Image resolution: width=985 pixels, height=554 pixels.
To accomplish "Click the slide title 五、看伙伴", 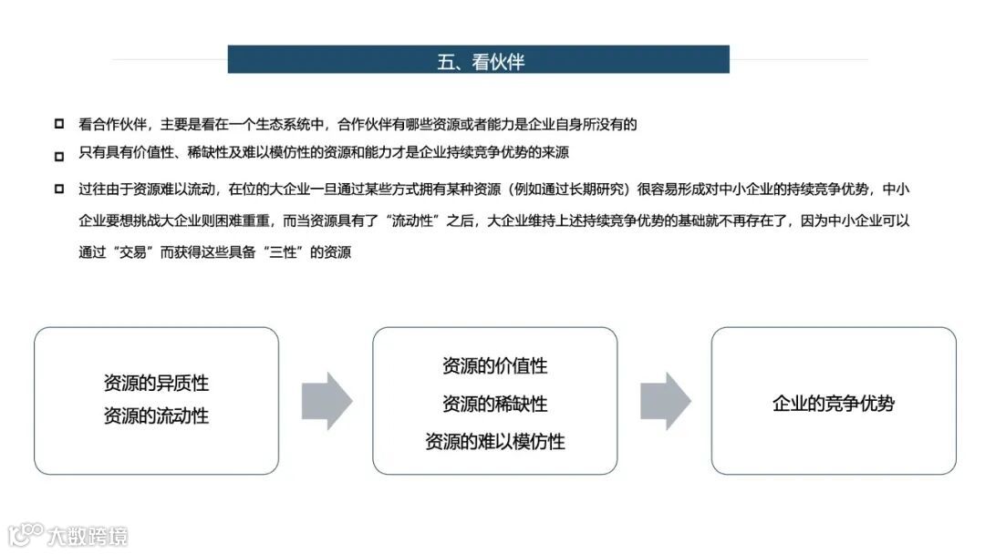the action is [x=480, y=61].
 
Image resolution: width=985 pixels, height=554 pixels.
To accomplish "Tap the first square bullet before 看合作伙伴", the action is [x=59, y=124].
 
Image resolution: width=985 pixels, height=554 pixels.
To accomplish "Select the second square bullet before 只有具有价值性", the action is [x=59, y=155].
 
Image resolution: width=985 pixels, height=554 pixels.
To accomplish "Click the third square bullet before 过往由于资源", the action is [x=59, y=189].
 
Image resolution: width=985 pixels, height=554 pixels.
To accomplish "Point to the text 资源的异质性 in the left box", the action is [x=156, y=384].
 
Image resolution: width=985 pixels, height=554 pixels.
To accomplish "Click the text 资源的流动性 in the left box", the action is [x=156, y=416].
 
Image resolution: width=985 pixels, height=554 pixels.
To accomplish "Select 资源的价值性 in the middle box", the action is [x=494, y=366].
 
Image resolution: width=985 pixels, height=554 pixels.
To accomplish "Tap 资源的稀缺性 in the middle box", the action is [x=494, y=404].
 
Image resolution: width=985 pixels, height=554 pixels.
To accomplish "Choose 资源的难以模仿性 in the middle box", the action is [x=494, y=442].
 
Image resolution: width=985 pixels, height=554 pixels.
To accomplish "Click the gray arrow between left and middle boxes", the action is [x=327, y=401].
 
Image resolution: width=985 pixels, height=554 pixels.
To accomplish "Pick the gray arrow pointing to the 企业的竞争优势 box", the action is [x=665, y=401].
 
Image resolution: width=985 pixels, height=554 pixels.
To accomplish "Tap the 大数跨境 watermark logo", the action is [x=69, y=535].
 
